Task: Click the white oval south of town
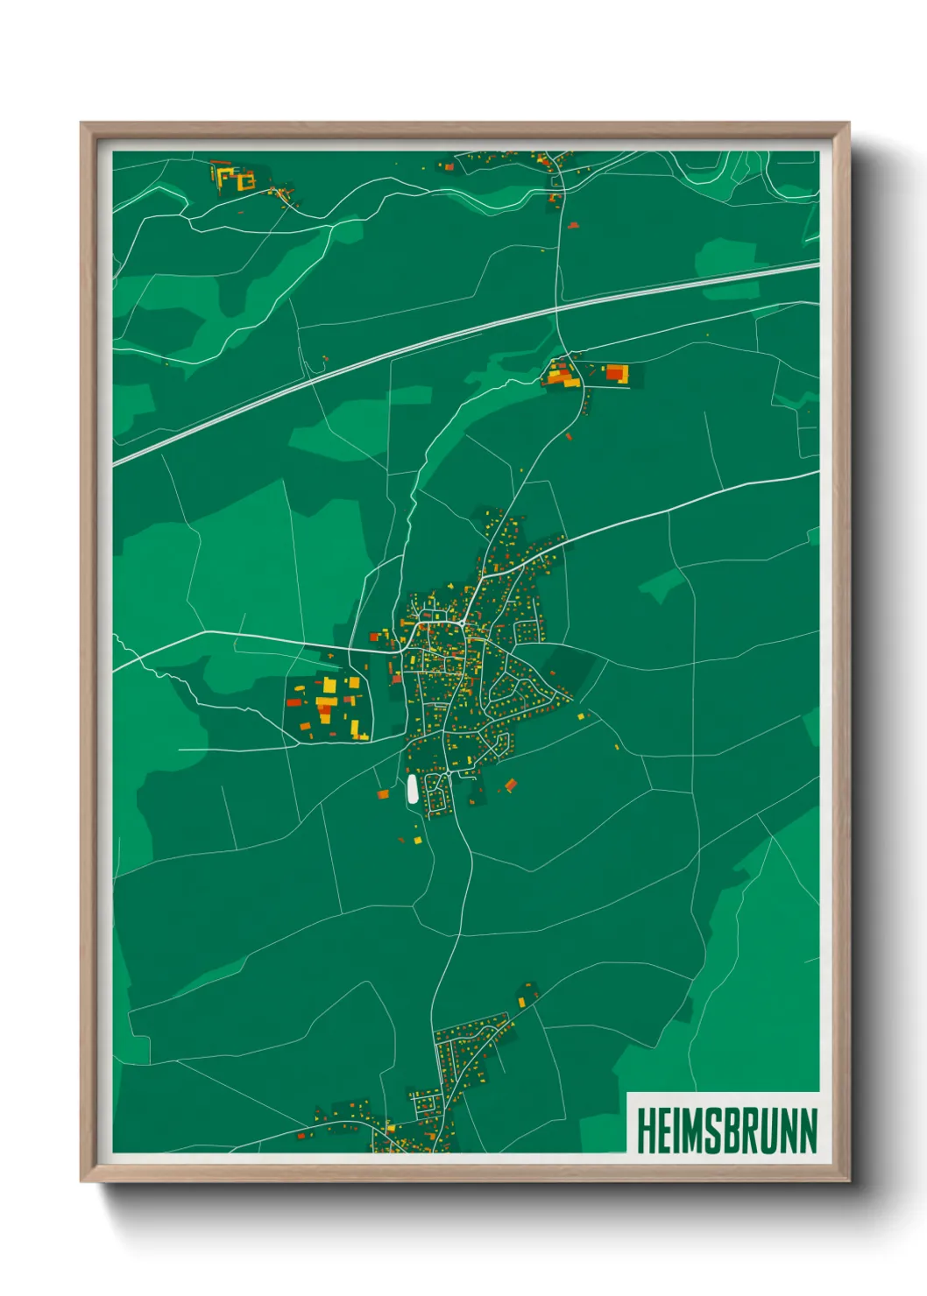coord(412,789)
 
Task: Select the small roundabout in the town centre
coord(461,623)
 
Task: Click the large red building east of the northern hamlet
coord(617,374)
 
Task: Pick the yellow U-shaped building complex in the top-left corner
coord(236,179)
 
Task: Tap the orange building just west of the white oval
coord(382,794)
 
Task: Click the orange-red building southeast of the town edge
coord(510,784)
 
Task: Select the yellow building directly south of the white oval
coord(417,841)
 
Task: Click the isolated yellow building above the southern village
coord(522,1002)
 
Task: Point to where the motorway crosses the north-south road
coord(557,308)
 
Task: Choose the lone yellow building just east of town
coord(580,716)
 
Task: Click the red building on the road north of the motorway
coord(573,225)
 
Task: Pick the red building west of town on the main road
coord(374,637)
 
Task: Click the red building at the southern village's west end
coord(302,1135)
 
